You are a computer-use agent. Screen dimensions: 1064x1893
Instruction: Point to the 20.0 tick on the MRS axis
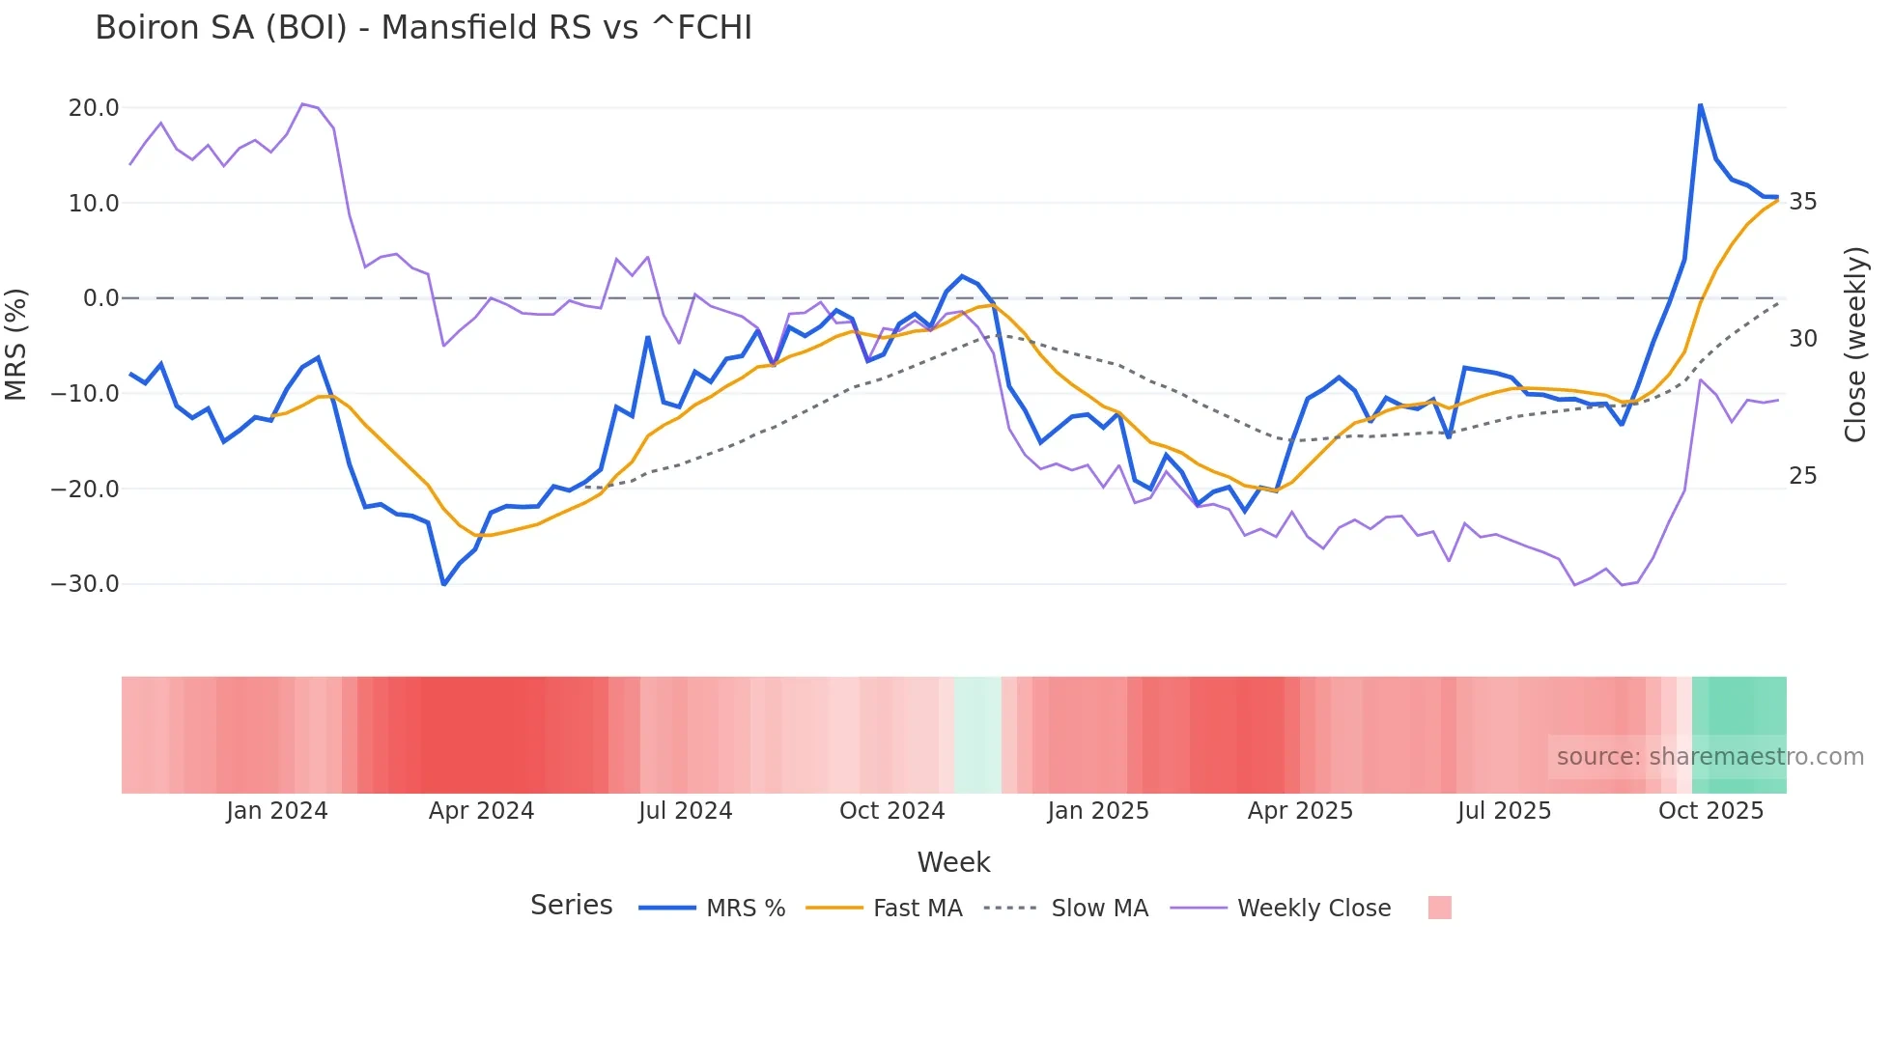[x=94, y=108]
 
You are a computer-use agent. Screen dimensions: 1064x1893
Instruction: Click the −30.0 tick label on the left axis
[x=85, y=584]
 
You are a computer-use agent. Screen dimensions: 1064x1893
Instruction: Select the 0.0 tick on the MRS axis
[x=100, y=298]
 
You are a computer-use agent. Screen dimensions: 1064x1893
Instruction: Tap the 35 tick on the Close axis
[x=1802, y=202]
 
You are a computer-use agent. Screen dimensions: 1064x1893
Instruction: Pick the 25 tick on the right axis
[x=1802, y=476]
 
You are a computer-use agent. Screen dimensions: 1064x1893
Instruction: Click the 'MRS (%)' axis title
[x=16, y=345]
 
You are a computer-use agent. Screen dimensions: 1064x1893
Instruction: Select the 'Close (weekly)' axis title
[x=1854, y=345]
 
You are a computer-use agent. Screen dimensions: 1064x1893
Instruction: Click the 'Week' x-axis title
[x=953, y=862]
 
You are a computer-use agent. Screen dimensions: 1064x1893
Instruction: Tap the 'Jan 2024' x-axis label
[x=277, y=811]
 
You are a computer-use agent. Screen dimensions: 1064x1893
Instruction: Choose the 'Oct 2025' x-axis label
[x=1710, y=811]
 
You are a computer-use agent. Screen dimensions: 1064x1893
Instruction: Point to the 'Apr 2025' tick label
[x=1300, y=811]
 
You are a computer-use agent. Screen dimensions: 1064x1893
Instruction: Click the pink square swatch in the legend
[x=1439, y=908]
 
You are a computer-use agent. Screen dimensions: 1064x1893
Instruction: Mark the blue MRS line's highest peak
[x=1700, y=104]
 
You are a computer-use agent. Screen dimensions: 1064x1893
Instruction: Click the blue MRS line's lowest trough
[x=443, y=584]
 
